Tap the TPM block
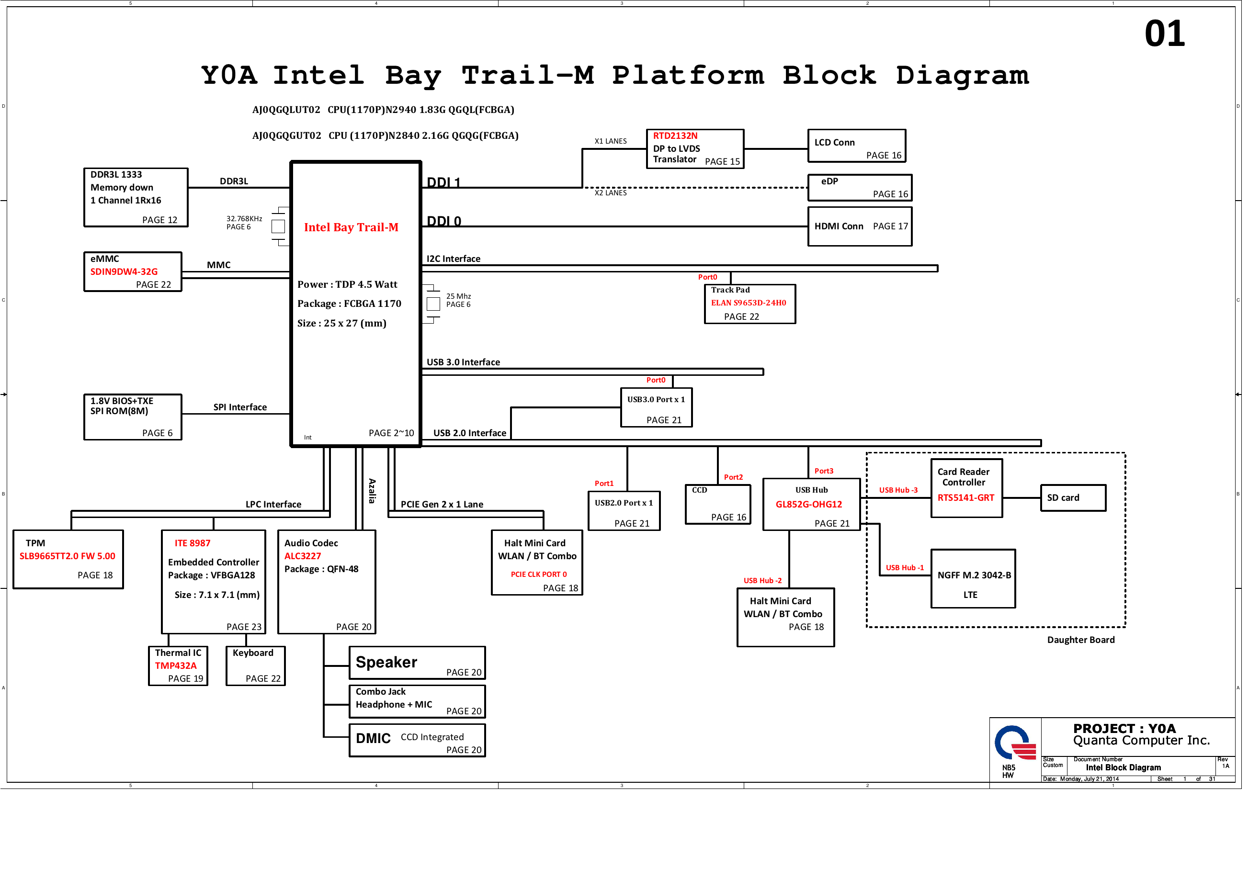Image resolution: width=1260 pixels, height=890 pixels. [x=68, y=559]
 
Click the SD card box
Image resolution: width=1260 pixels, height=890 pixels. [x=1073, y=498]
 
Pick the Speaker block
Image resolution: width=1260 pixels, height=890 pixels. [x=417, y=663]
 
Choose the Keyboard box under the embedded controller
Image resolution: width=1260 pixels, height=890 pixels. [x=255, y=665]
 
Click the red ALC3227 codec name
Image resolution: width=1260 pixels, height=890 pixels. [x=302, y=556]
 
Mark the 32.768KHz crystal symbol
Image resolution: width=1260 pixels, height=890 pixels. [x=278, y=226]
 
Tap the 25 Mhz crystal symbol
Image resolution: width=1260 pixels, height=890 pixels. [x=433, y=304]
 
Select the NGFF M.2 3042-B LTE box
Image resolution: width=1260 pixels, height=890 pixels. [x=973, y=579]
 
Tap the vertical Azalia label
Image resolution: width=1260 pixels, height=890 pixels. [x=372, y=491]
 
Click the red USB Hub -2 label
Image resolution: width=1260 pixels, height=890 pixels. [x=762, y=581]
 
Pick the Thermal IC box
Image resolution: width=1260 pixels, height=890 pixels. [x=178, y=665]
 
